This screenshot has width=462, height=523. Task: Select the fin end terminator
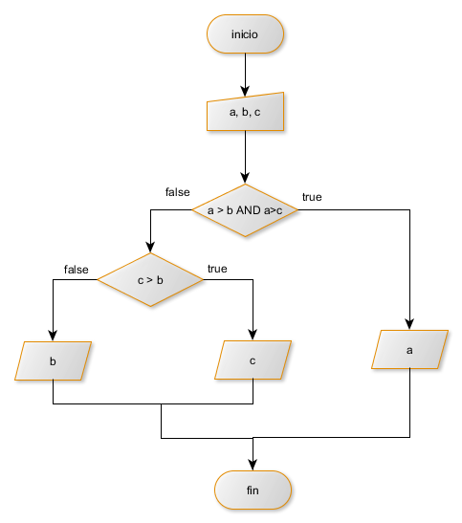253,490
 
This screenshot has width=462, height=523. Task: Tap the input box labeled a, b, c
245,112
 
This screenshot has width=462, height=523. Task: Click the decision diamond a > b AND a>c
245,209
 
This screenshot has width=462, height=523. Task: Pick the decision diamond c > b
149,280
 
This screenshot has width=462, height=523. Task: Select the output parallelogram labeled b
53,360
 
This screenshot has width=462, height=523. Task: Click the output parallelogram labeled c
253,360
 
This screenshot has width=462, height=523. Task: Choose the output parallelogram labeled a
409,350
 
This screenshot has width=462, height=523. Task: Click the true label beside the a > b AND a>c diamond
312,198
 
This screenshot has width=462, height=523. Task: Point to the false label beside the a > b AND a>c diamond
177,192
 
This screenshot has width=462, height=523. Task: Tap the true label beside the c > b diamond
217,269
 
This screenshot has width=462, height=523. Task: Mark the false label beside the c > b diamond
76,270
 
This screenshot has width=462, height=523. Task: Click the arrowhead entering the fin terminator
253,465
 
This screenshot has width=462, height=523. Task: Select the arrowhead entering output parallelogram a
409,324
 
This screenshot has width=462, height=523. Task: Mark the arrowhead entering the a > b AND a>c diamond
245,178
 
